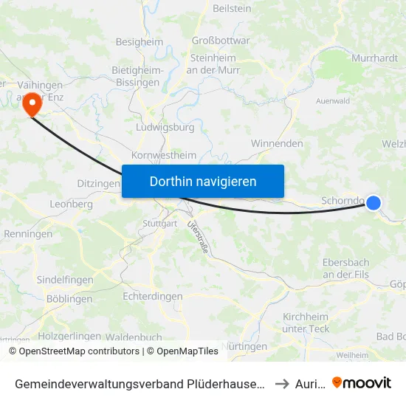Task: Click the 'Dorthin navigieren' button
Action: point(203,181)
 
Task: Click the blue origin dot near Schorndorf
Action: point(374,202)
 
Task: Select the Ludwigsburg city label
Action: point(165,127)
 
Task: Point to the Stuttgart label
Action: point(160,223)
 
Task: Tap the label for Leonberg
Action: point(71,204)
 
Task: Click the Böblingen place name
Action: point(69,299)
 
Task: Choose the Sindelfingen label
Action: point(65,281)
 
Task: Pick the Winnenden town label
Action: point(277,143)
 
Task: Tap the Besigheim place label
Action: point(140,42)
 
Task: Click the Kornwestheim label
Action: point(164,156)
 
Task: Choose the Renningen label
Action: point(28,234)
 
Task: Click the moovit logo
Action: point(362,383)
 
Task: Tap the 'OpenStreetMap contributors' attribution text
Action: point(78,351)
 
